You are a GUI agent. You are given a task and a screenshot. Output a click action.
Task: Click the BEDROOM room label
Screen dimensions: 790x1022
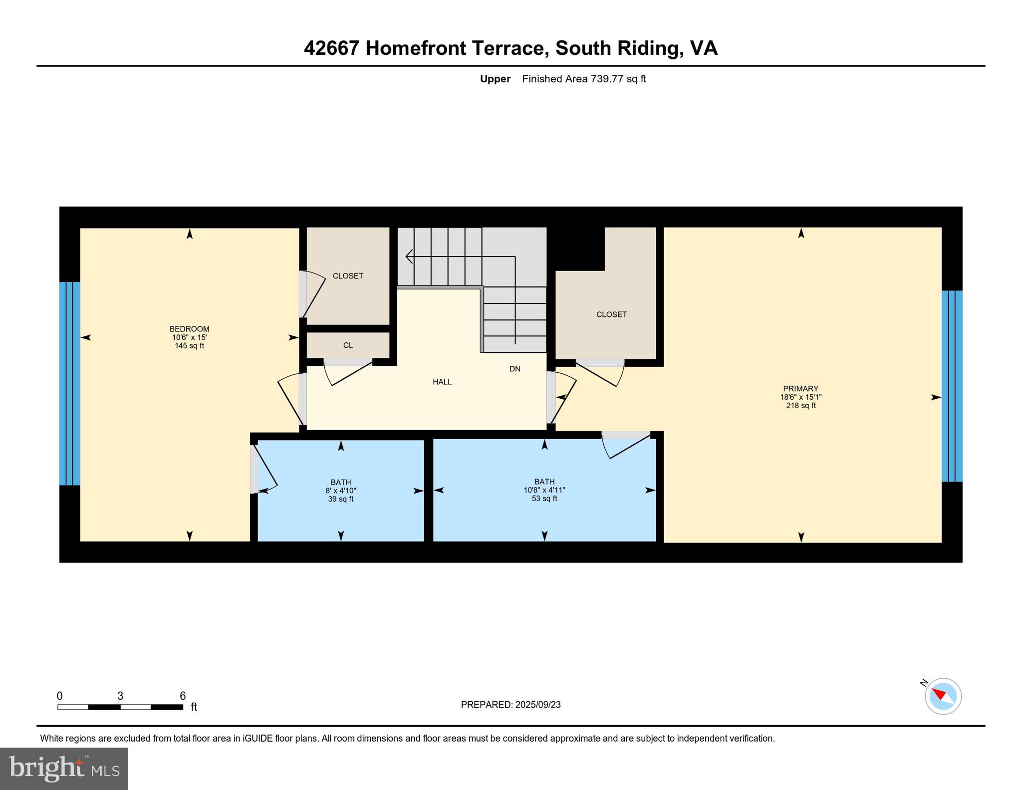189,329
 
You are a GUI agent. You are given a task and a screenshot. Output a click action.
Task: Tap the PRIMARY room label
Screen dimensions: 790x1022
800,389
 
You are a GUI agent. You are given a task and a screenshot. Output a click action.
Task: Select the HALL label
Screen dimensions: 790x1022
442,382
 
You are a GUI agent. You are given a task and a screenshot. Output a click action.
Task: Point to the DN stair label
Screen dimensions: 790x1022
515,369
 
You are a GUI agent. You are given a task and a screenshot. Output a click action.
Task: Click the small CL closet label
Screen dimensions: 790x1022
348,345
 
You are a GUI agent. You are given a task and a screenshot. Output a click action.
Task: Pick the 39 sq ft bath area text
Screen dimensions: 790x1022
341,499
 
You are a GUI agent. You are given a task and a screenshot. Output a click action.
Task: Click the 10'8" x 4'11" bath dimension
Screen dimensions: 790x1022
544,490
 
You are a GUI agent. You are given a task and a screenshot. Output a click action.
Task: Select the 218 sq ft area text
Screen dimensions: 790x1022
800,406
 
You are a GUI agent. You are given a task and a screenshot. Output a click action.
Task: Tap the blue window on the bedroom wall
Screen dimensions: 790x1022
69,383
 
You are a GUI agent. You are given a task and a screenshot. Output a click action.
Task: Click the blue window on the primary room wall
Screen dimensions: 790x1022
952,386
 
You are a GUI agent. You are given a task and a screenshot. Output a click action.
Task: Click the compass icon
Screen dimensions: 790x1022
943,696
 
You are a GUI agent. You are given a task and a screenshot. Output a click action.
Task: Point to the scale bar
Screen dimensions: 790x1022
120,707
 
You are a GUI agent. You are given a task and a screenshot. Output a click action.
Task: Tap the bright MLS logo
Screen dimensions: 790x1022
64,769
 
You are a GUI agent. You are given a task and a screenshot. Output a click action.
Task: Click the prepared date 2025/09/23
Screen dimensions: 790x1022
538,705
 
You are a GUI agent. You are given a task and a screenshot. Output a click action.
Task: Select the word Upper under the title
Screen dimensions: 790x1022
495,79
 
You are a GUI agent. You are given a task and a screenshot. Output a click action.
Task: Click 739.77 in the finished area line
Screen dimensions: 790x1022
607,79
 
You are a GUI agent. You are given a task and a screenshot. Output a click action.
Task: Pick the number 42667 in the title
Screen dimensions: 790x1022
331,48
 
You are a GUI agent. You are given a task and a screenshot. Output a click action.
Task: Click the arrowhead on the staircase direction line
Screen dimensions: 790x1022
409,257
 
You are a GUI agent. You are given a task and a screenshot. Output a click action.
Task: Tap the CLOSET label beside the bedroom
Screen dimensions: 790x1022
348,276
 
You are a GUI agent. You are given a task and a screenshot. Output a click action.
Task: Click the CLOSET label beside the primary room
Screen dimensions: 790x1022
611,314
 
